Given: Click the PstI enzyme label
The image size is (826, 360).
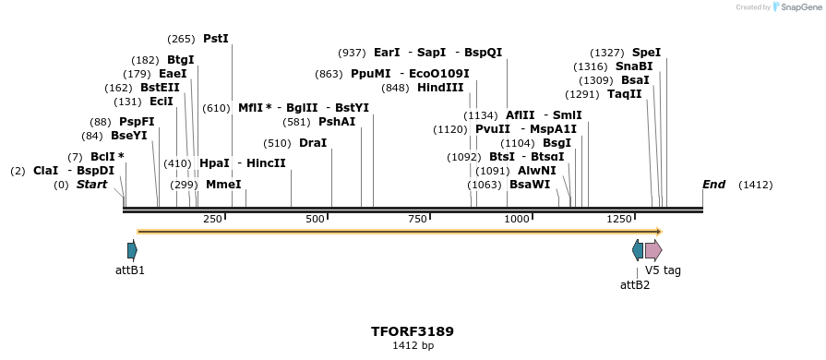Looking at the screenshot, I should (x=216, y=39).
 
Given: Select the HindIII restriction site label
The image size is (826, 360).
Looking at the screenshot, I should (x=440, y=88).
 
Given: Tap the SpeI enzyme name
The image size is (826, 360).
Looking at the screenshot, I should (x=647, y=53).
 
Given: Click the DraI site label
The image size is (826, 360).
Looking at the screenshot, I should (x=313, y=143).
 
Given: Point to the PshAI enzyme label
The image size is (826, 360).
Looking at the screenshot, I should (x=337, y=122).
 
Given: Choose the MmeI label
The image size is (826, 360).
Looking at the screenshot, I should (x=223, y=185).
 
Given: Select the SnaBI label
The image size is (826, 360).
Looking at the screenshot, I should (x=634, y=66).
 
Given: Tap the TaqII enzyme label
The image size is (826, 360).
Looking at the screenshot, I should (x=625, y=94).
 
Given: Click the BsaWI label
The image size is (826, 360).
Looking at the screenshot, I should (x=530, y=185).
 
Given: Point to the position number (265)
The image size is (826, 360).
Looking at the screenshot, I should (x=181, y=39).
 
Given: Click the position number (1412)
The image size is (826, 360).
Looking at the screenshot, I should (x=756, y=185).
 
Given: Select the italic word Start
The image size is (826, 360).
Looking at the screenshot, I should (x=91, y=185).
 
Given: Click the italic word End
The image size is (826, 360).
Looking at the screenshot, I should (x=713, y=185).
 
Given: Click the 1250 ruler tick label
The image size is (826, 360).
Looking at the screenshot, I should (x=620, y=219).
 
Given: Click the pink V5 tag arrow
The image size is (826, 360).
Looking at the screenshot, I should (x=653, y=250).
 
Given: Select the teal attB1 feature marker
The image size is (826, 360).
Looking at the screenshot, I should (x=132, y=250).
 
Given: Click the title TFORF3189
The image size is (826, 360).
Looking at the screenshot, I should (x=413, y=331).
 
